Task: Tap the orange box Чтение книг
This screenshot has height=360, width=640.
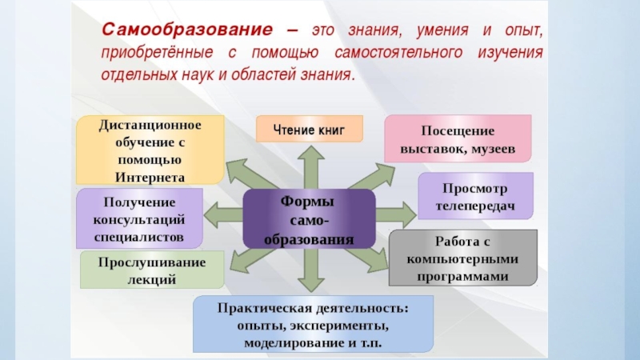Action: point(309,129)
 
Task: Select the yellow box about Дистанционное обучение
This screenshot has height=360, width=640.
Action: point(150,150)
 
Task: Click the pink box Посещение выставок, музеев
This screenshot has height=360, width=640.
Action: point(458,139)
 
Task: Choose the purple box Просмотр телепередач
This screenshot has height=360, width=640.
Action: point(475,196)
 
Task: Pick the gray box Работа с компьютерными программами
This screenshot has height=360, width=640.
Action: point(462,258)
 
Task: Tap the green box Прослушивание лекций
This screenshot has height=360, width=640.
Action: point(152,270)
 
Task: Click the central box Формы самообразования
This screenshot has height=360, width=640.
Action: point(308,218)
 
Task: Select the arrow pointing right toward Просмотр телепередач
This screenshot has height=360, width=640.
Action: point(395,213)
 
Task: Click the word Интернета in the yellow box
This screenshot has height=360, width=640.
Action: point(150,177)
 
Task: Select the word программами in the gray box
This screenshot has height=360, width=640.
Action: point(462,274)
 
